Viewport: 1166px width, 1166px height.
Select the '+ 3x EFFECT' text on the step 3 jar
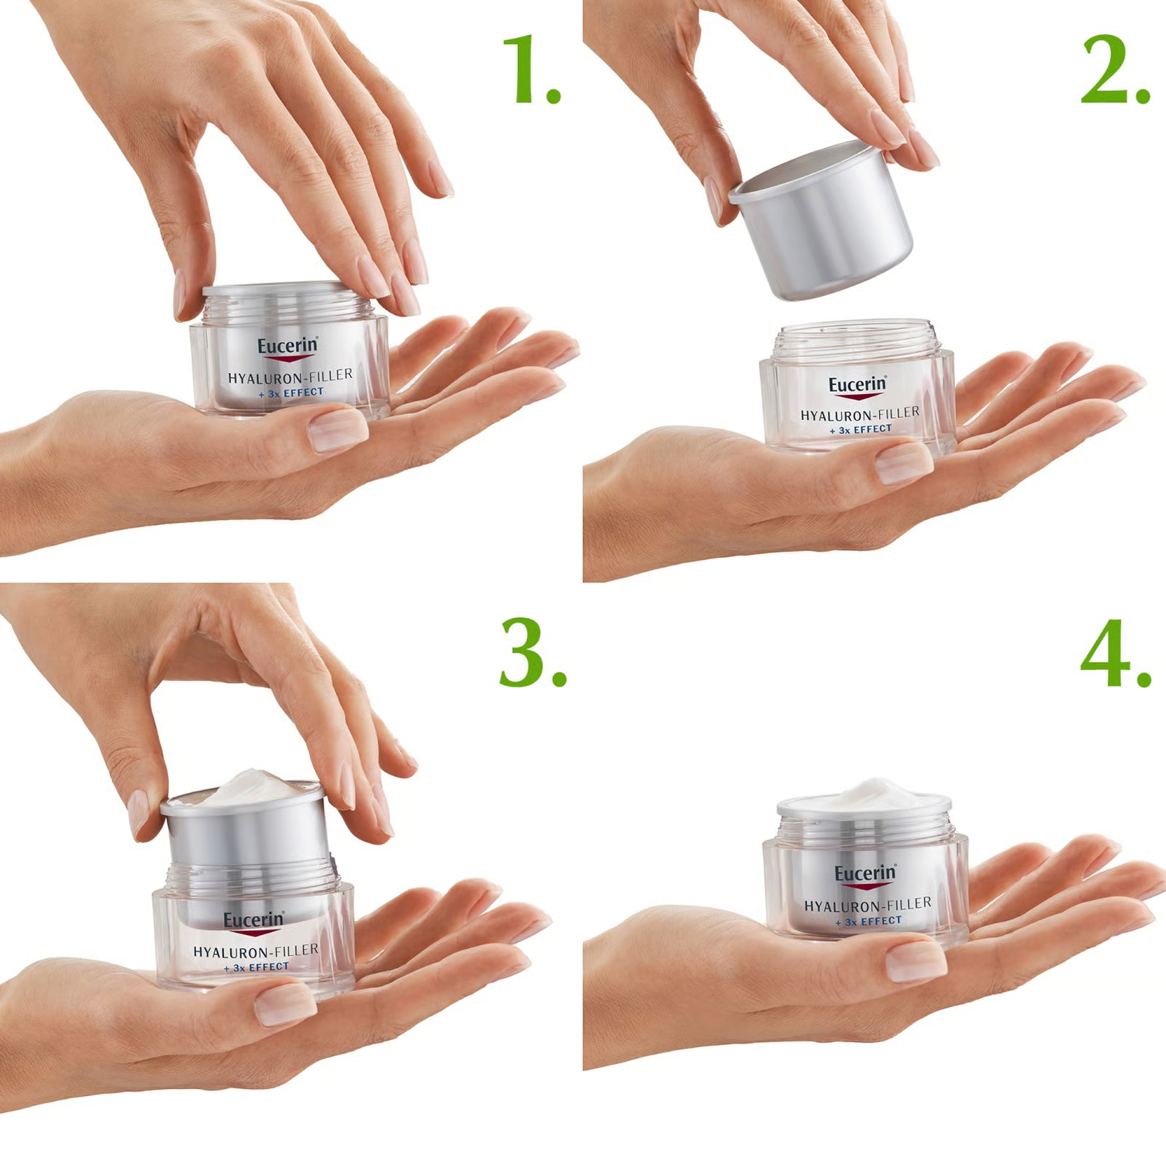coord(257,967)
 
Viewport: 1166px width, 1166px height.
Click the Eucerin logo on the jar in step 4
coord(865,874)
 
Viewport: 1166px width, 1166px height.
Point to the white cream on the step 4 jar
coord(867,793)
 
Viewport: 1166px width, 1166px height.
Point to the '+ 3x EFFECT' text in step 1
coord(291,393)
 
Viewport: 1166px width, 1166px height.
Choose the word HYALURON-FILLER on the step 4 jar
coord(867,904)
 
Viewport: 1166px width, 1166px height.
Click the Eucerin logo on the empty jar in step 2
coord(857,385)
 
